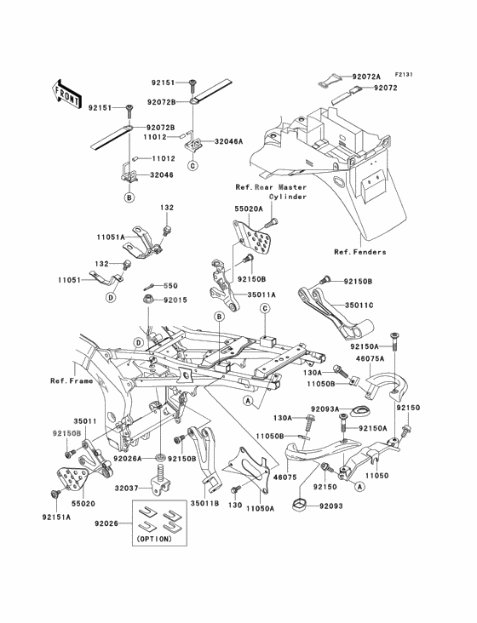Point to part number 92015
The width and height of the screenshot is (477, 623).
click(174, 300)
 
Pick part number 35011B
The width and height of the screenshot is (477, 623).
click(204, 503)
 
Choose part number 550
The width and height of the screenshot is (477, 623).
click(170, 286)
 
